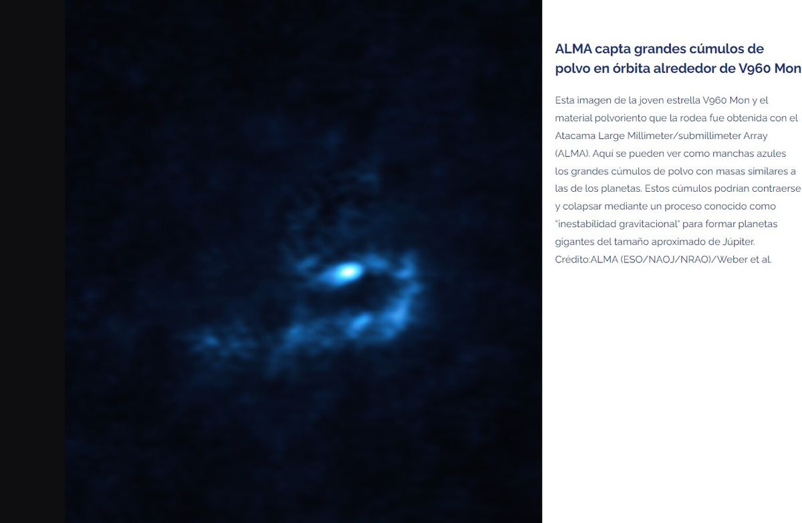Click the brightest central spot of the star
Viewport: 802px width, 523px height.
pos(346,271)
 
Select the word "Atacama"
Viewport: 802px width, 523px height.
pos(575,136)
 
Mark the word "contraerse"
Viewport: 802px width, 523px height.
pos(776,188)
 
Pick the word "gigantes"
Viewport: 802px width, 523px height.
pos(575,241)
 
